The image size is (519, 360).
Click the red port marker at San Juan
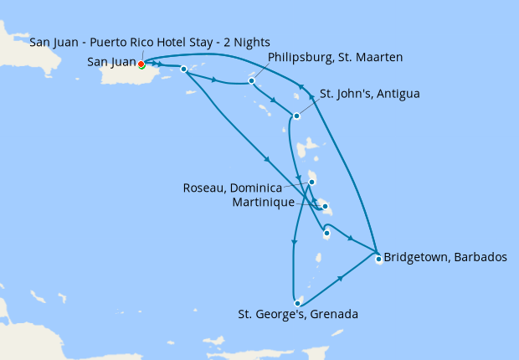tap(141, 64)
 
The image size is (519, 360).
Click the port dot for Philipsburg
tap(251, 81)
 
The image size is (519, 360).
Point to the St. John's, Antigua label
tap(369, 93)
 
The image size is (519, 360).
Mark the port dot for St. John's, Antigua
tap(296, 116)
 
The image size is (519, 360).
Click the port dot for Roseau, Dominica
tap(311, 183)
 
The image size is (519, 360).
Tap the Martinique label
tap(270, 203)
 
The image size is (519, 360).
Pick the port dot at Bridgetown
tap(378, 259)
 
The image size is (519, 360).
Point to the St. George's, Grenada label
tap(298, 315)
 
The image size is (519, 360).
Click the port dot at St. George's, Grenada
tap(297, 302)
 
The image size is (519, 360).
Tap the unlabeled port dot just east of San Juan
tap(182, 69)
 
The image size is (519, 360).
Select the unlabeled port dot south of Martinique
tap(326, 234)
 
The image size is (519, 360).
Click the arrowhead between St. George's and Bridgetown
tap(341, 278)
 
